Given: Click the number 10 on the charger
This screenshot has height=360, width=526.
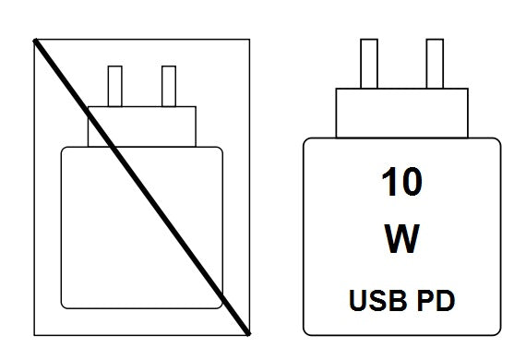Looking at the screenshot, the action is pos(401,182).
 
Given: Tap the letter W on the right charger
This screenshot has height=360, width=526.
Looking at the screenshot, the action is pos(401,239).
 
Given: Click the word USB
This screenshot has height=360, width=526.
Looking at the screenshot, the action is pos(378,300).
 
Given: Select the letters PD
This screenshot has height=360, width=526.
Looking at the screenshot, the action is pos(436,300).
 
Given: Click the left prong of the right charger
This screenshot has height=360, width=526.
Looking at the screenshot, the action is pos(369,64).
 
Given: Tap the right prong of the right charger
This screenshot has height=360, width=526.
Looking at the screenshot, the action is pos(435,64).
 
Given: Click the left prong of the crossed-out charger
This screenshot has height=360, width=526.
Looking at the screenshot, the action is pos(115,86).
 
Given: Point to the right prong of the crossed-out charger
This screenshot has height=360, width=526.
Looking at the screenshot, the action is pos(169,86).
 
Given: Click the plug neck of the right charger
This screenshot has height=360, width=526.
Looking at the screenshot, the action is pos(401,113).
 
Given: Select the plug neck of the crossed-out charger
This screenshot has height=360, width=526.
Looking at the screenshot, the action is pos(142,126).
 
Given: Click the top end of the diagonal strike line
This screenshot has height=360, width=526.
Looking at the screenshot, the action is pos(34,41).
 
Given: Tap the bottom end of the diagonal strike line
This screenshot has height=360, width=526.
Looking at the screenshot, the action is pos(249,334).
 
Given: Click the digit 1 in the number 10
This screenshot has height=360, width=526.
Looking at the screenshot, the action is pos(389,182).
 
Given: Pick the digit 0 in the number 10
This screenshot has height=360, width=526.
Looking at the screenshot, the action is pos(412,182).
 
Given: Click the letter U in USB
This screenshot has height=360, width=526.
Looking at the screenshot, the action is pos(358,301).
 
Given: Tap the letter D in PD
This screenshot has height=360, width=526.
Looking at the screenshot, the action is pos(446,300).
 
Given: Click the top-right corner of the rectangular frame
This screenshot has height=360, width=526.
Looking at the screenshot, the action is pos(249,40).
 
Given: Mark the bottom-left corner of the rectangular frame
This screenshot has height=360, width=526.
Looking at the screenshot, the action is pos(34,335).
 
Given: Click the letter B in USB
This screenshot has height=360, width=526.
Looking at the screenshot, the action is pos(398,300).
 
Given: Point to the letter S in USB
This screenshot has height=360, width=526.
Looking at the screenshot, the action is pos(377,300).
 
